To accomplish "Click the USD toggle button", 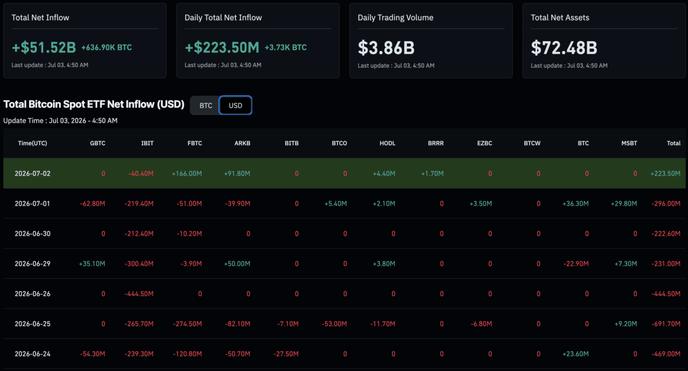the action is [x=235, y=105].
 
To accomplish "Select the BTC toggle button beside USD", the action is [x=205, y=105].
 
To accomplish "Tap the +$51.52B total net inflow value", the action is [x=44, y=48].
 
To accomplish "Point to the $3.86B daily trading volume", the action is [x=386, y=48].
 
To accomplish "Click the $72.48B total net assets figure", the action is [x=564, y=48].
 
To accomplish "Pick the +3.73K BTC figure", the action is [x=286, y=48].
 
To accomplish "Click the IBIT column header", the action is [x=147, y=143].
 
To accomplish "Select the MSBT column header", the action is [x=629, y=143].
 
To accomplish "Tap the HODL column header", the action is [x=388, y=143].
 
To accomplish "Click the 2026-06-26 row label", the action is [x=32, y=294].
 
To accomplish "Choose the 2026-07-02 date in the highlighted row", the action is [x=32, y=173].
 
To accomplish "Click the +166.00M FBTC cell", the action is [x=187, y=173].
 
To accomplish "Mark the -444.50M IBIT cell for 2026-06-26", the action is [x=139, y=294].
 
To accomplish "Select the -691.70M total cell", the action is [x=666, y=324].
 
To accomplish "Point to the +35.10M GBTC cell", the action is [x=92, y=264].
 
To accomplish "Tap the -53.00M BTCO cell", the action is [x=334, y=324].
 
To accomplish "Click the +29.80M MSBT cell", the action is [x=624, y=204].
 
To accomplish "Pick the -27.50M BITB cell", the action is [x=286, y=354].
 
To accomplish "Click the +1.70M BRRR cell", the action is [x=432, y=173].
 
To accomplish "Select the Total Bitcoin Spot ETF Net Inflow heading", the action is [x=93, y=104].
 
